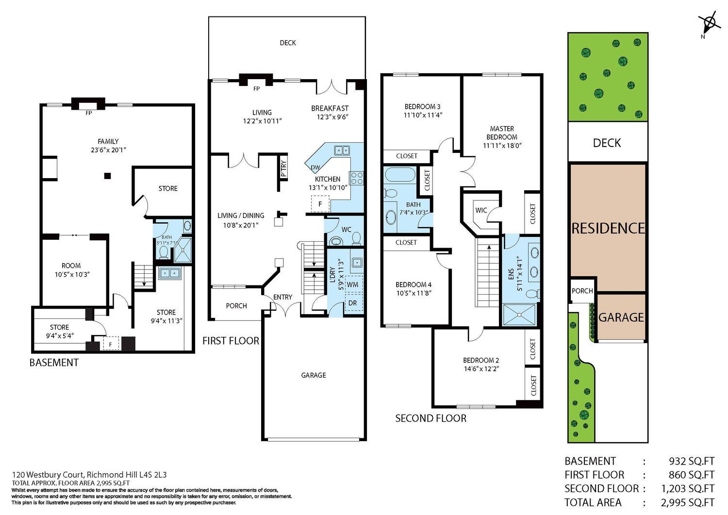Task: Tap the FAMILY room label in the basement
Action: [108, 141]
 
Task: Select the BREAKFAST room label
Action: [330, 108]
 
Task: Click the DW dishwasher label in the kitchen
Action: [315, 167]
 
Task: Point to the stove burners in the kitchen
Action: [356, 178]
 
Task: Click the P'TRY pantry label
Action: [283, 168]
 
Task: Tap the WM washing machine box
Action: [353, 284]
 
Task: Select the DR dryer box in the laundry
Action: [353, 303]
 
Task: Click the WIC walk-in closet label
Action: [481, 210]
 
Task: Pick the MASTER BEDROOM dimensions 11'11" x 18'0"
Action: [502, 146]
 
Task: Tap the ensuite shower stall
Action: [519, 315]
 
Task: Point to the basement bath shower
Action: [182, 249]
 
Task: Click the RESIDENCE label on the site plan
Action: [608, 228]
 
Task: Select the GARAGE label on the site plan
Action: [621, 317]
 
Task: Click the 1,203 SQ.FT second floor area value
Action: [688, 489]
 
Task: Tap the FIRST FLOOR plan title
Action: [231, 341]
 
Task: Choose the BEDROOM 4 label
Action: [414, 284]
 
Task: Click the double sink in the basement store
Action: [169, 273]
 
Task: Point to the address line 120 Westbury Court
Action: [89, 475]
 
